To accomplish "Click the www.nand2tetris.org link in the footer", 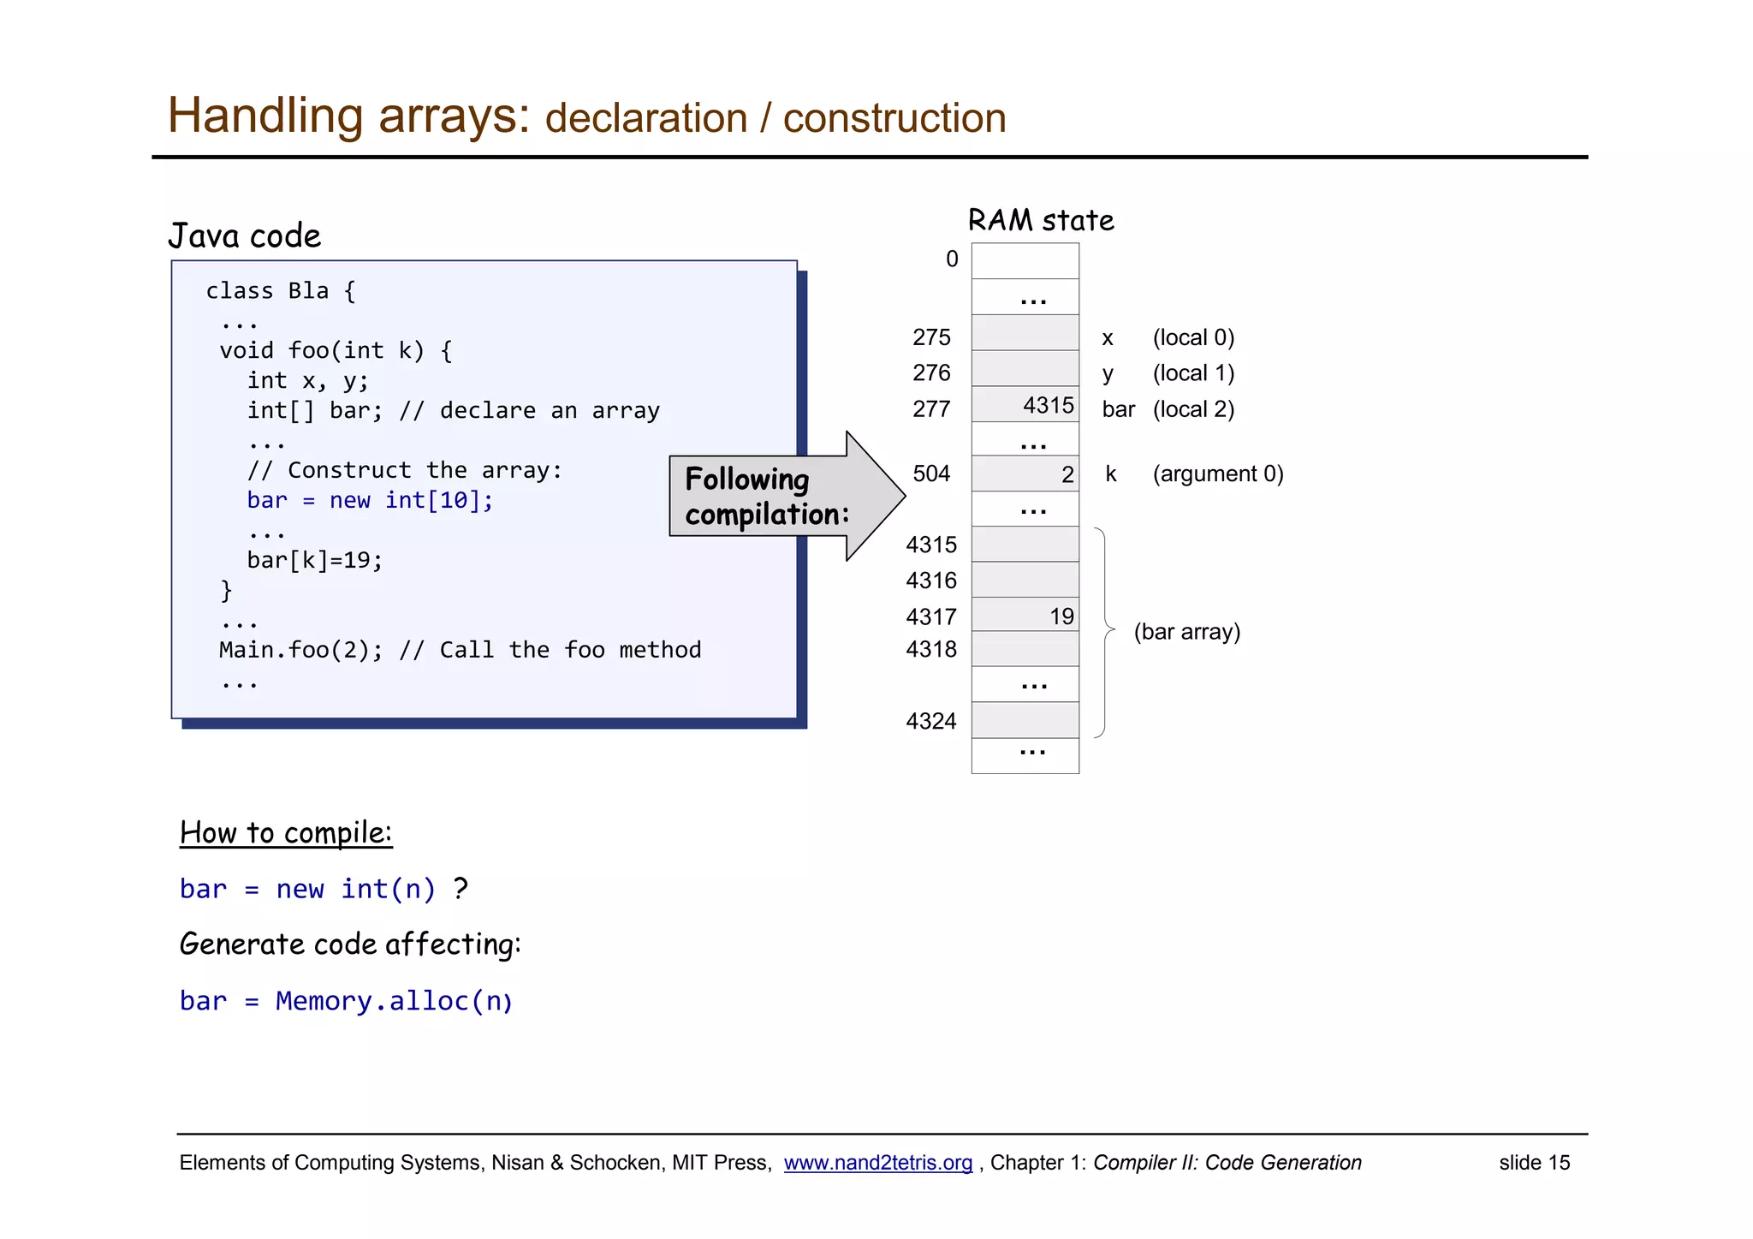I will tap(877, 1163).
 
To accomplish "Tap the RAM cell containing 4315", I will tap(1025, 405).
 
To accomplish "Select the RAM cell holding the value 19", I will tap(1025, 616).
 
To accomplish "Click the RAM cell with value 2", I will tap(1025, 474).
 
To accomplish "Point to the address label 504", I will tap(931, 474).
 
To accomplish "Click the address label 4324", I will tap(931, 721).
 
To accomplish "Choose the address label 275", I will tap(931, 337).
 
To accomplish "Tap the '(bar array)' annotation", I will tap(1186, 632).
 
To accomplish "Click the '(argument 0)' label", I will tap(1217, 474).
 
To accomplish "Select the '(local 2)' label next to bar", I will tap(1193, 409).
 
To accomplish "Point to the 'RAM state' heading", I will tap(1041, 221).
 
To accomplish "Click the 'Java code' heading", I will tap(245, 236).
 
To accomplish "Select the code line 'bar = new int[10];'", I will tap(370, 500).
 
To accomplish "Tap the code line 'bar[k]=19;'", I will tap(315, 560).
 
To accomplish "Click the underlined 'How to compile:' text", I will tap(286, 833).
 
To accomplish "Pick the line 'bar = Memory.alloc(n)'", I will tap(346, 1001).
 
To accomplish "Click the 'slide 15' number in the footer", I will tap(1534, 1163).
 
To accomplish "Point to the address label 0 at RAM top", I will tap(952, 259).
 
